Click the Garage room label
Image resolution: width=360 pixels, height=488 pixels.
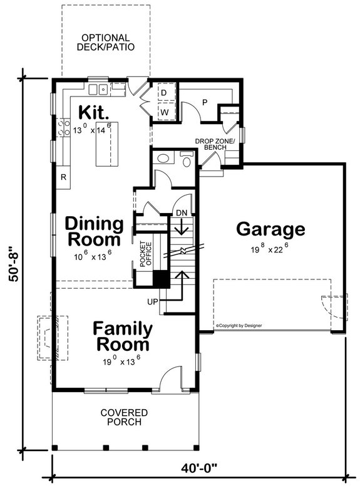click(270, 229)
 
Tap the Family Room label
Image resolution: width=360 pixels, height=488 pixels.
click(123, 336)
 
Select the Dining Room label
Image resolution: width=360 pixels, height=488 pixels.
click(93, 231)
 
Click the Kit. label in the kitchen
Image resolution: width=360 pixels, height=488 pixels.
click(94, 113)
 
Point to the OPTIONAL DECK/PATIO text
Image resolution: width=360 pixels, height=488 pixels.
click(105, 42)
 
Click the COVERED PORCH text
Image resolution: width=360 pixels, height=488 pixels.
click(124, 417)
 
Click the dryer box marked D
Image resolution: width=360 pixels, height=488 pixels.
click(163, 93)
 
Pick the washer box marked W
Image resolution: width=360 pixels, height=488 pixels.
click(163, 112)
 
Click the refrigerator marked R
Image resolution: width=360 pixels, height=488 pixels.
click(63, 177)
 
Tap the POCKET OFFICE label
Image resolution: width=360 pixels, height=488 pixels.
click(146, 254)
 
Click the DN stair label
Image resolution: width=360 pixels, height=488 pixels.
click(181, 214)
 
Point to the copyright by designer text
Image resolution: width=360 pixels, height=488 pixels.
click(239, 326)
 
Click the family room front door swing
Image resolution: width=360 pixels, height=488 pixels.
click(168, 380)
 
